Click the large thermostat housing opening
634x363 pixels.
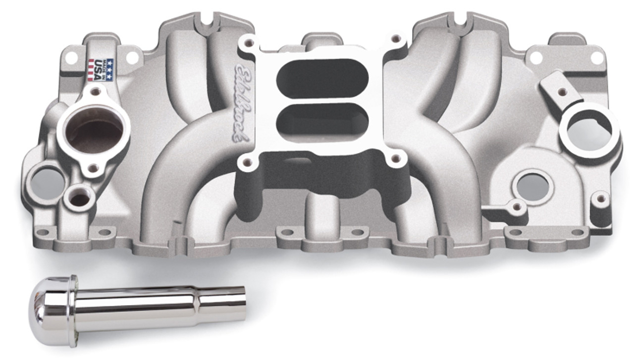[x=95, y=130]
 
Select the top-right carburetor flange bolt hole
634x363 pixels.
[x=395, y=38]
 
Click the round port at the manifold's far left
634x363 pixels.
[x=46, y=180]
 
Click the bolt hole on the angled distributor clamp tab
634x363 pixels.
[x=562, y=92]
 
